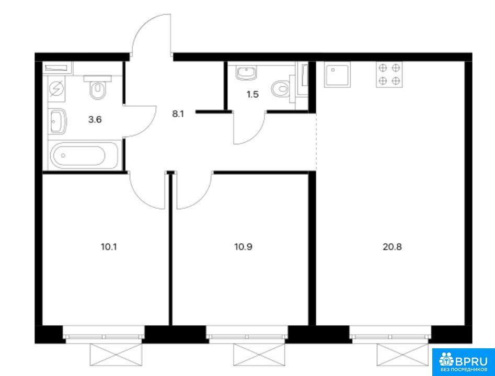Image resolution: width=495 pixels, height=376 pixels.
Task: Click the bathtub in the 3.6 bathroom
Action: tap(84, 155)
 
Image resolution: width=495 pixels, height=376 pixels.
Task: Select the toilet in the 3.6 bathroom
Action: tap(98, 87)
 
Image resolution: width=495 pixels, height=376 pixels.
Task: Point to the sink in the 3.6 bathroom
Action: tap(58, 121)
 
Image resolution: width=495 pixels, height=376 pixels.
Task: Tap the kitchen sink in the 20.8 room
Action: tap(337, 74)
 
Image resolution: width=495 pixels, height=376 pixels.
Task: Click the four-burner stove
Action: tap(389, 74)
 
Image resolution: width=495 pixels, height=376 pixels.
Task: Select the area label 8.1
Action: tap(178, 114)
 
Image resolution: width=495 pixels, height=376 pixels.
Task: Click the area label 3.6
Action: tap(95, 120)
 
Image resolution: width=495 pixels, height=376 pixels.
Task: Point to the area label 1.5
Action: tap(252, 94)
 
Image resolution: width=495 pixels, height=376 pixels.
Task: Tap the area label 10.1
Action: tap(109, 247)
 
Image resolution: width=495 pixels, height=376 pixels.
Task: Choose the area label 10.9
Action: tap(243, 247)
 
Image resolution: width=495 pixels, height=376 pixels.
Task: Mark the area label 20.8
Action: tap(392, 247)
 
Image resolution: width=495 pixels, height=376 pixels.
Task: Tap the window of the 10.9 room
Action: tap(247, 335)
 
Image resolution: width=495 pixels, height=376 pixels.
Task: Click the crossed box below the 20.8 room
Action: tap(403, 355)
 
